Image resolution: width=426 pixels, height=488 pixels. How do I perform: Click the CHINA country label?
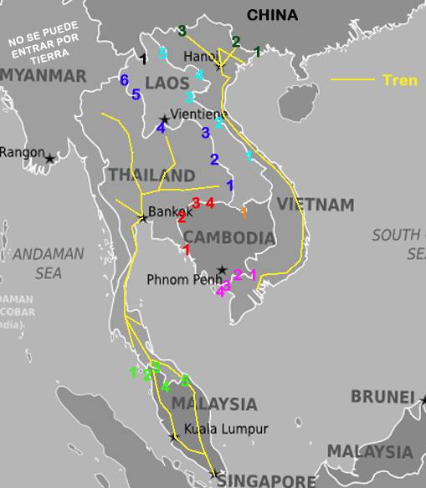[x=272, y=14]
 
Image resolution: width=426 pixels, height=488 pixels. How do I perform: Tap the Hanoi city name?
[x=200, y=56]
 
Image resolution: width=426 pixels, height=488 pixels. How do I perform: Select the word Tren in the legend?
[x=400, y=80]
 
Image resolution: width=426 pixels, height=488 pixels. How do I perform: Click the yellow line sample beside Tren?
[x=353, y=80]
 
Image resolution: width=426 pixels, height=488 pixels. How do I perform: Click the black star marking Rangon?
[x=50, y=158]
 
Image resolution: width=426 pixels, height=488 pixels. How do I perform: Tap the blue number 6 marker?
[x=124, y=80]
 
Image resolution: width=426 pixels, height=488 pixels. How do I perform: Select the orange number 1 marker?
[x=244, y=212]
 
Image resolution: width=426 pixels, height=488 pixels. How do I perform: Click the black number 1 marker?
[x=144, y=58]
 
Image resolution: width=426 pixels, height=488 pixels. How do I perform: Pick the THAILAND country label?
[x=151, y=175]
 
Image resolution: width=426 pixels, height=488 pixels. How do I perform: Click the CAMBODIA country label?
[x=229, y=238]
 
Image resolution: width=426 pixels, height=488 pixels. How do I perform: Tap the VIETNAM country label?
[x=316, y=205]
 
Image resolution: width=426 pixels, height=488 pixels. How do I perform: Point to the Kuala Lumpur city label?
[x=227, y=429]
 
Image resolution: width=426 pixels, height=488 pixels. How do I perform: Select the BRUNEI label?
[x=382, y=397]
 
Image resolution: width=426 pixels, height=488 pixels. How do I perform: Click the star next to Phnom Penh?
[x=221, y=270]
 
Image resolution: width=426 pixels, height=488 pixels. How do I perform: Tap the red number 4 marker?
[x=210, y=202]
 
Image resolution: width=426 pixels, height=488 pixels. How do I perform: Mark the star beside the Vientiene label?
[x=164, y=119]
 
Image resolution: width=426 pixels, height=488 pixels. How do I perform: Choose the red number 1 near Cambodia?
[x=187, y=249]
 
